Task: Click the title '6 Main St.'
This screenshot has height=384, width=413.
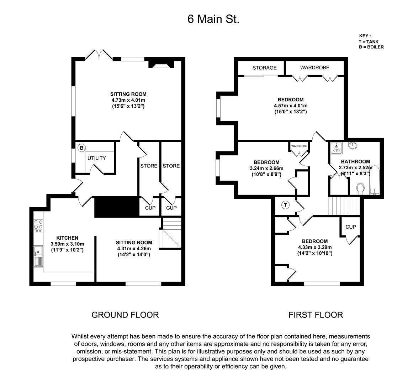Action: point(213,19)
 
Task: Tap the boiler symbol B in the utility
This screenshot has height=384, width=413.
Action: point(81,148)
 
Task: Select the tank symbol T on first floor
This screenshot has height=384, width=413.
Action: point(285,205)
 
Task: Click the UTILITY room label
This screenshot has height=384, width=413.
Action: point(97,158)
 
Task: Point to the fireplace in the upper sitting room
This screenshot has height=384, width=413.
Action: point(162,64)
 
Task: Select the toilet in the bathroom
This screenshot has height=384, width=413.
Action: point(360,189)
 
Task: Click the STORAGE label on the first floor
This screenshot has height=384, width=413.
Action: point(264,68)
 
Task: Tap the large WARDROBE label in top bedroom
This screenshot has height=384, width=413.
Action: point(314,68)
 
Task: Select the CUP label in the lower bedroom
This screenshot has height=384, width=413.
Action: point(350,227)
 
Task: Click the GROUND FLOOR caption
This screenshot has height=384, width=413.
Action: point(125,315)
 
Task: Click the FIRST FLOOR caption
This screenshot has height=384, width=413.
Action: point(316,315)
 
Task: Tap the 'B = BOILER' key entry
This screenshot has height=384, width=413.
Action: point(371,47)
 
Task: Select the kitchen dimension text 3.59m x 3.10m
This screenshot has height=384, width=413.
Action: point(67,244)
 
